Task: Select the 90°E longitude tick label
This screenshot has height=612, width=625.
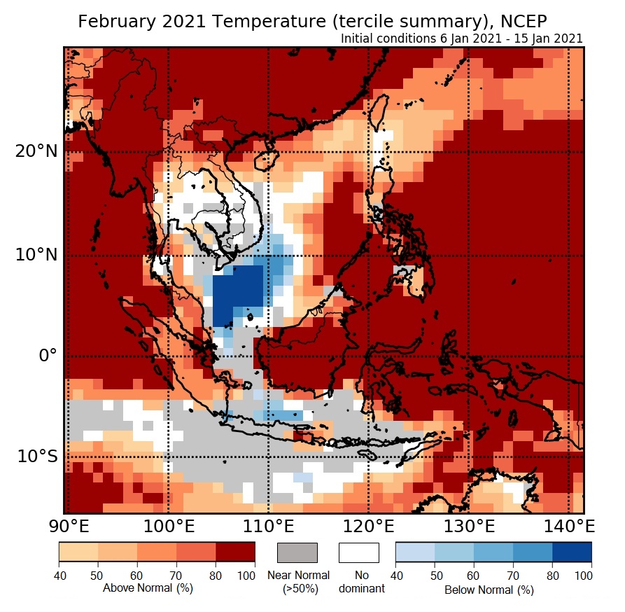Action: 66,526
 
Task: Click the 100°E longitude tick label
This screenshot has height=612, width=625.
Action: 168,526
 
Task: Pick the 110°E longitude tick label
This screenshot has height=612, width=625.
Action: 268,526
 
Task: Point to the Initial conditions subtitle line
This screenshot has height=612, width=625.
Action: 462,39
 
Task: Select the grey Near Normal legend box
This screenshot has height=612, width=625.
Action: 297,552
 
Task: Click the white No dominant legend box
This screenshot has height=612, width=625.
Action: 359,552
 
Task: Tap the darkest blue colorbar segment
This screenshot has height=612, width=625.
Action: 572,552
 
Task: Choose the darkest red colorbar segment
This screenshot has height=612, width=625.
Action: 235,552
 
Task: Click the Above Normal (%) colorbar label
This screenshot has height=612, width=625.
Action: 148,588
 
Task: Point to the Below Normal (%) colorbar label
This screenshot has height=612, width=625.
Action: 489,590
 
